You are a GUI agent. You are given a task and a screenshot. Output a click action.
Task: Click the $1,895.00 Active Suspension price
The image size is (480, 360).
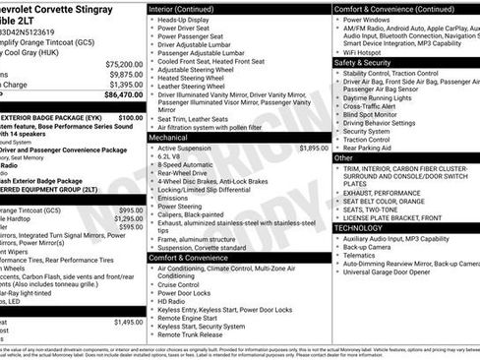(314, 148)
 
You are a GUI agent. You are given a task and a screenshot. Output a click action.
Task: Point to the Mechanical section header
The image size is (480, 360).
(168, 138)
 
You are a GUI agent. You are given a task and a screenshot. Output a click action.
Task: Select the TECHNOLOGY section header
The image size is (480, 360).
(358, 227)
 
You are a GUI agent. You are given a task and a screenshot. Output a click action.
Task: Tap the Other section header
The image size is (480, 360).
(343, 157)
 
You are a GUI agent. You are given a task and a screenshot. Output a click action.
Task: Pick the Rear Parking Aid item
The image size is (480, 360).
(368, 148)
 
